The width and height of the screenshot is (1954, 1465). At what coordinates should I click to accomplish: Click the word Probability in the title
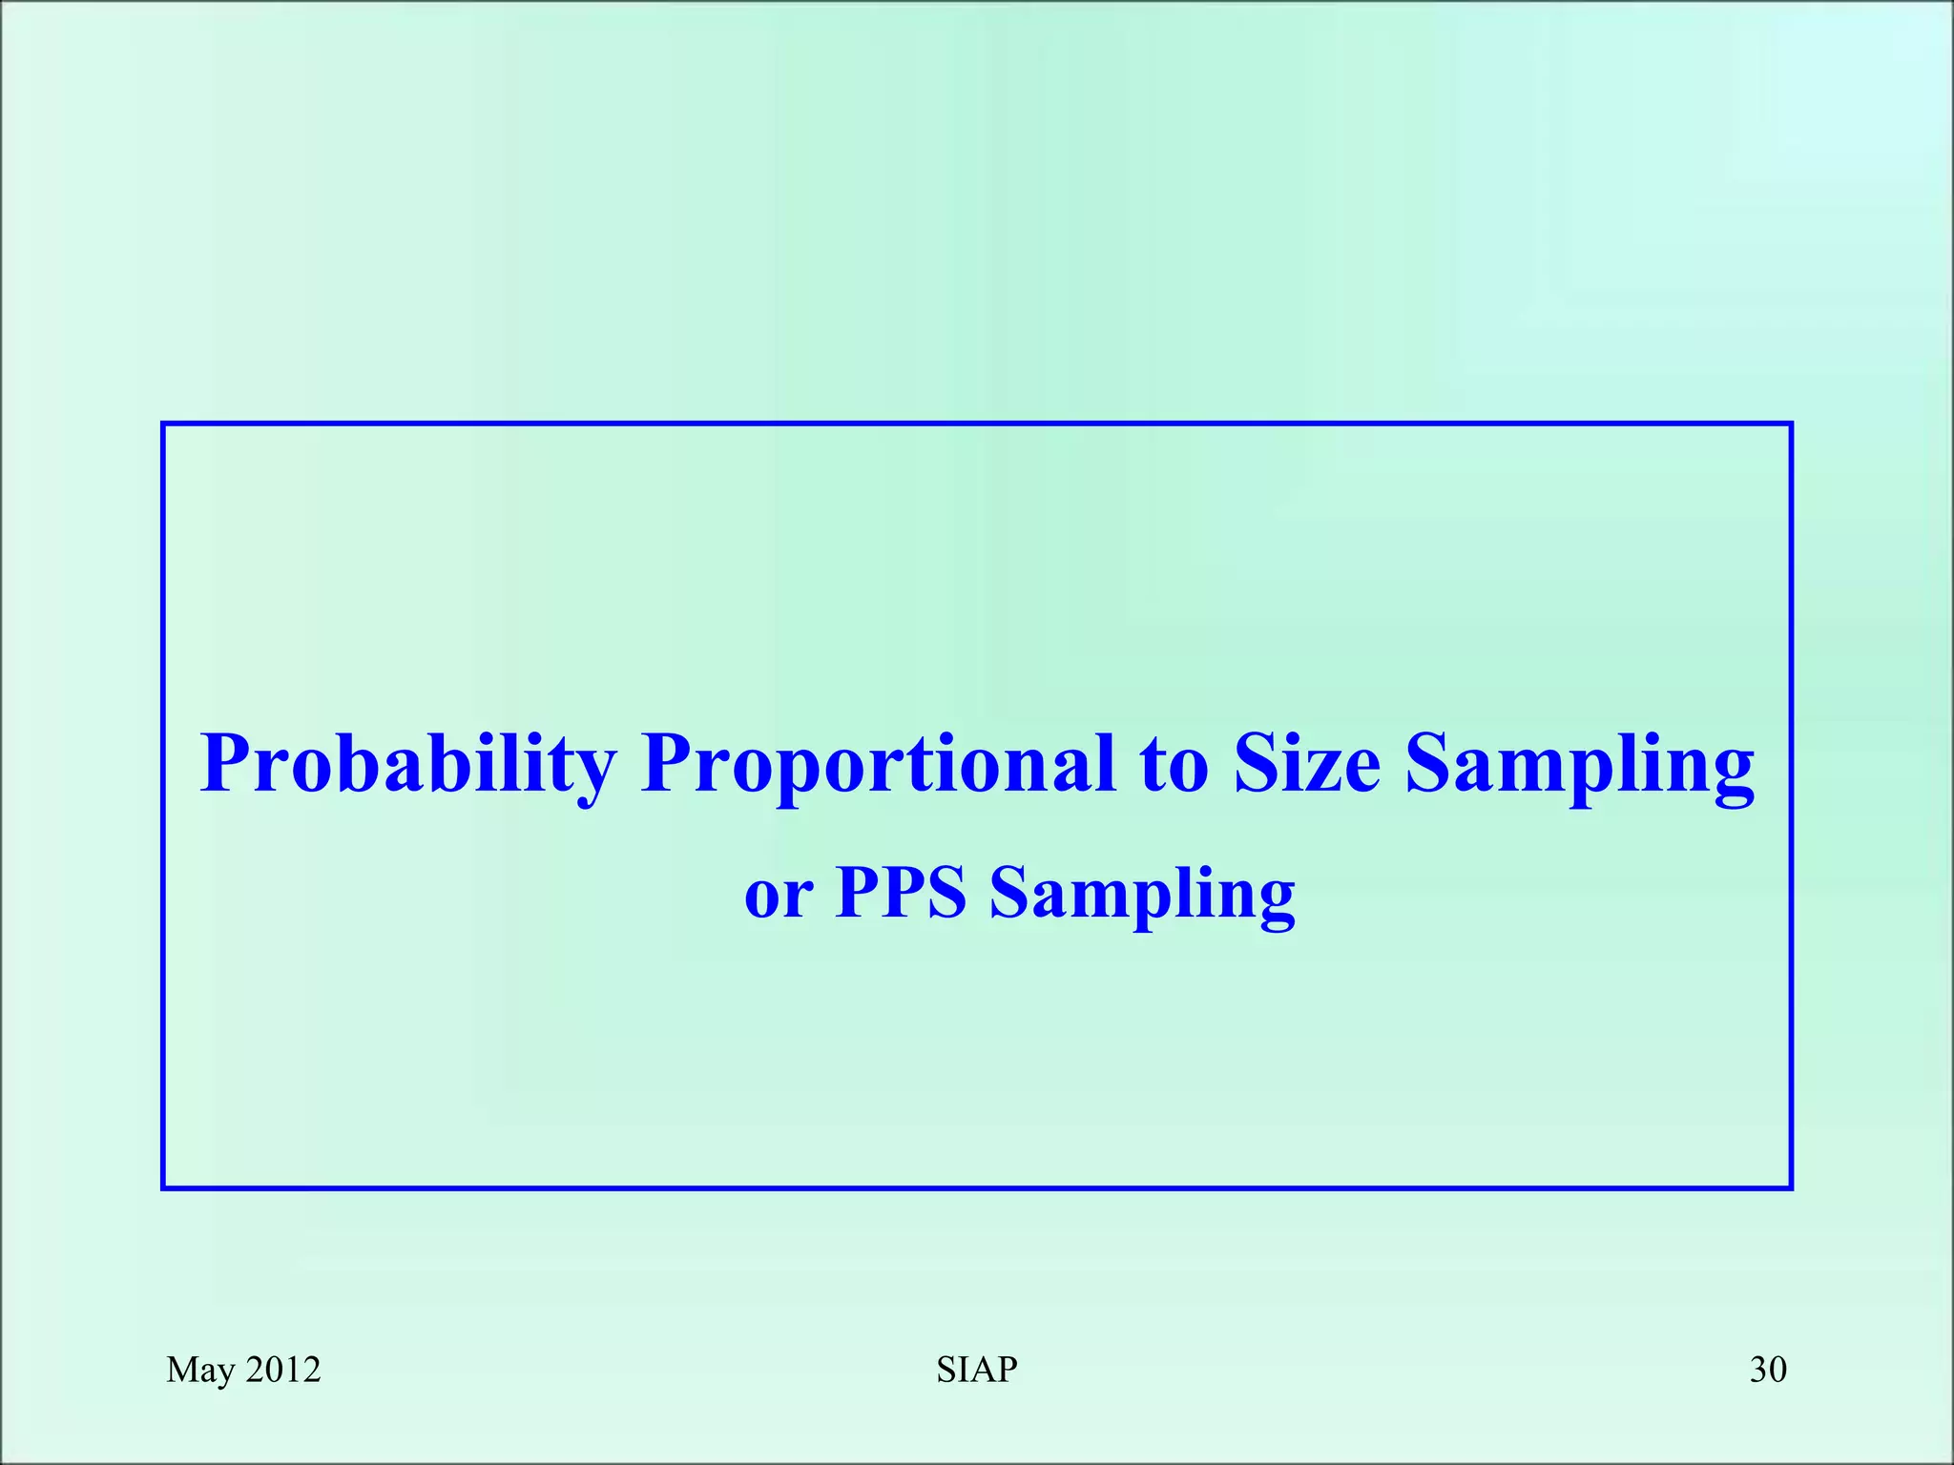408,765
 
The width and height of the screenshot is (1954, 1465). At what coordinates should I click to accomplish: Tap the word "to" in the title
1174,765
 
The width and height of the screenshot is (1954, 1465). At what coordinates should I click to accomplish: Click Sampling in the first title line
1580,765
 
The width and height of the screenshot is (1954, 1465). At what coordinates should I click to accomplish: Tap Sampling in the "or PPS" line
1142,895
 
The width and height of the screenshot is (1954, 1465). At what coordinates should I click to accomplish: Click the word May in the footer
200,1371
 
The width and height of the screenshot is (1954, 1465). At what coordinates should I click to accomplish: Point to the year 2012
283,1370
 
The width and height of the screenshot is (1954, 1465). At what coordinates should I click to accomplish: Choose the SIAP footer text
977,1370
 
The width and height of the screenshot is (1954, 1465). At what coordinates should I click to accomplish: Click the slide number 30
1768,1370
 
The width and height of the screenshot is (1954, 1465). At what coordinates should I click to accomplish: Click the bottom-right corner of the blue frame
1791,1187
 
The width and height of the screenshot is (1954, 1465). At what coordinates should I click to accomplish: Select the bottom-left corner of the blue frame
164,1187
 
